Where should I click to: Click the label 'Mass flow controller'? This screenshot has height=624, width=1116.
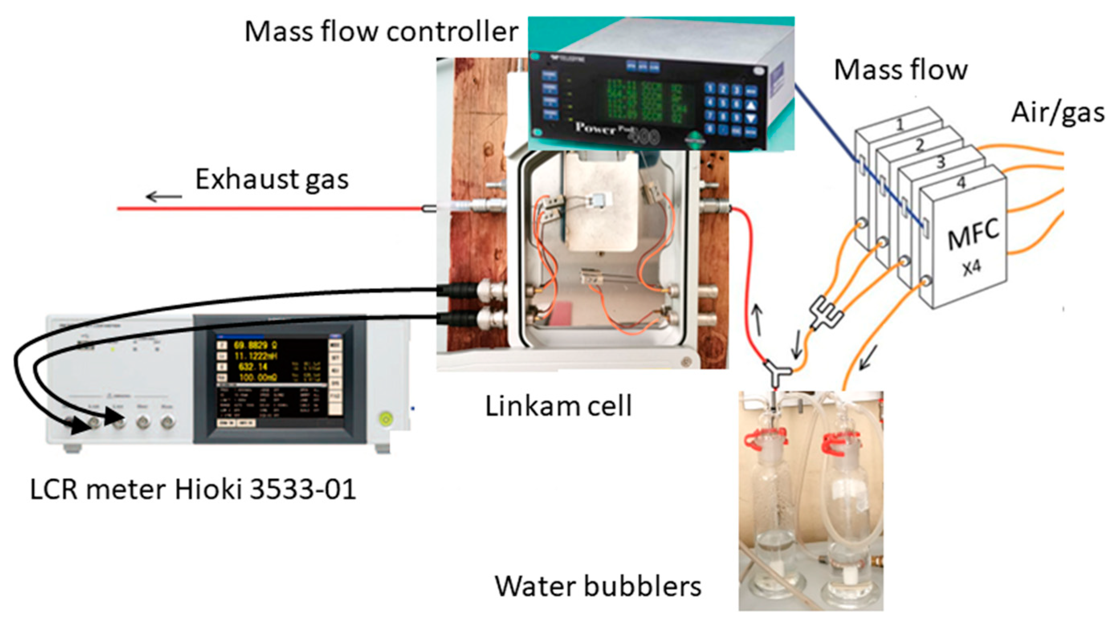click(x=381, y=31)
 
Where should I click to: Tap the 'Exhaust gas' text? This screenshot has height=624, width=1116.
click(x=272, y=179)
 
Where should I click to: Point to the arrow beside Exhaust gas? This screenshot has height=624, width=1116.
click(x=164, y=197)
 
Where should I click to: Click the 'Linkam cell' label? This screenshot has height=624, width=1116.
click(x=558, y=406)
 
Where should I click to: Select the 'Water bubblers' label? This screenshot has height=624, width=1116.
click(x=598, y=586)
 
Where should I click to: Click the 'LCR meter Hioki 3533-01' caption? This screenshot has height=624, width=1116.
click(x=193, y=489)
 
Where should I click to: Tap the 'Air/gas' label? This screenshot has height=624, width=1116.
click(x=1057, y=114)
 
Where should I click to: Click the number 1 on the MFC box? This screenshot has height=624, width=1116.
click(x=899, y=125)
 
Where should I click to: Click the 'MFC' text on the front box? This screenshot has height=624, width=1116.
click(x=973, y=234)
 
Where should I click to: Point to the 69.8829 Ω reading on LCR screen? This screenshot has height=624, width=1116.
click(x=256, y=346)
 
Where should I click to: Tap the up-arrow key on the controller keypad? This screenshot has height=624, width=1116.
click(x=751, y=104)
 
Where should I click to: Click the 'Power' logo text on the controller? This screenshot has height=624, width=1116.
click(x=595, y=128)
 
